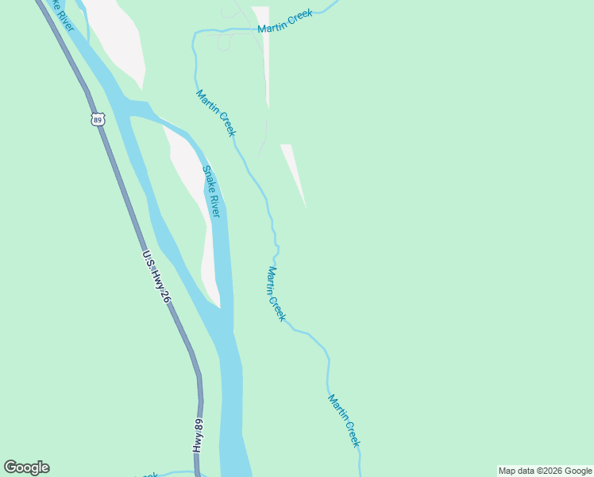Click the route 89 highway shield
coord(97,120)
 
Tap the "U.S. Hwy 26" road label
coord(156,277)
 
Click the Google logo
coord(26,467)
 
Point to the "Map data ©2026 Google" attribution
coord(545,471)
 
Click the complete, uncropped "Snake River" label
coord(211,192)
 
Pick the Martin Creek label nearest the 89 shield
coord(215,113)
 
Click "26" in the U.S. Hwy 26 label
coord(164,295)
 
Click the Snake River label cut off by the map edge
coord(60,16)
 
